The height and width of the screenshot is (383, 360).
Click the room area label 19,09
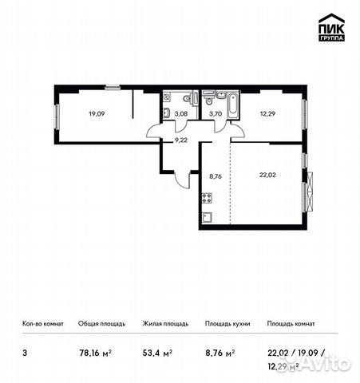(x=97, y=113)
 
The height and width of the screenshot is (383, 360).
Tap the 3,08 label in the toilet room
(x=180, y=113)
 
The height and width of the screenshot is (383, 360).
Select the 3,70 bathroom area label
(x=215, y=113)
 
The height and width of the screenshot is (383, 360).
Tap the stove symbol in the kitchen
(x=208, y=197)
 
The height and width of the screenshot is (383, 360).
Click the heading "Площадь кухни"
(x=226, y=325)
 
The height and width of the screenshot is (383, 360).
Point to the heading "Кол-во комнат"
(x=42, y=325)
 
